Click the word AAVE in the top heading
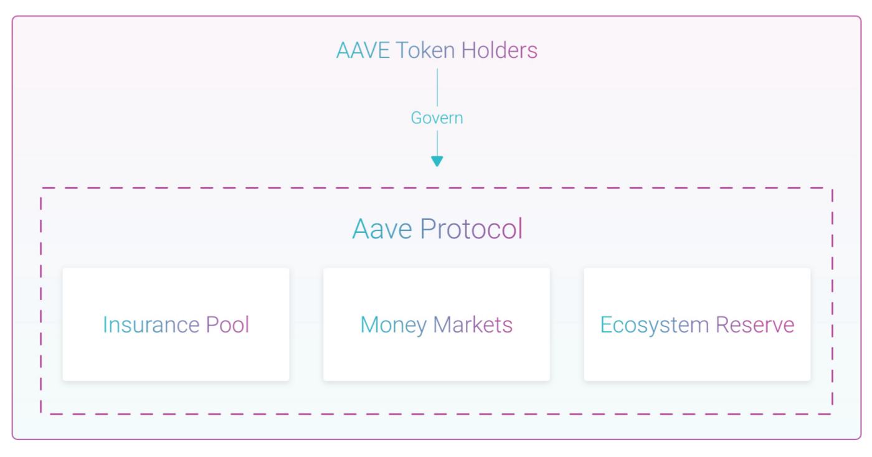(363, 50)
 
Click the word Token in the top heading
(425, 50)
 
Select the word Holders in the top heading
(500, 50)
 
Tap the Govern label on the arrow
(437, 118)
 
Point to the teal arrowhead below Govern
(437, 161)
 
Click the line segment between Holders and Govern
(437, 88)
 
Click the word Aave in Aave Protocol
(382, 229)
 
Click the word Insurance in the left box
(151, 324)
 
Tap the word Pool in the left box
(227, 324)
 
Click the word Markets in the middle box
(473, 324)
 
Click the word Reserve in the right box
(755, 325)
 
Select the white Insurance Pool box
(176, 324)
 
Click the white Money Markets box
(437, 324)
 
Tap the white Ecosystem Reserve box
(697, 324)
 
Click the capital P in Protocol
(427, 228)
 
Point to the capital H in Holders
(468, 50)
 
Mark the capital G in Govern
(417, 118)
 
